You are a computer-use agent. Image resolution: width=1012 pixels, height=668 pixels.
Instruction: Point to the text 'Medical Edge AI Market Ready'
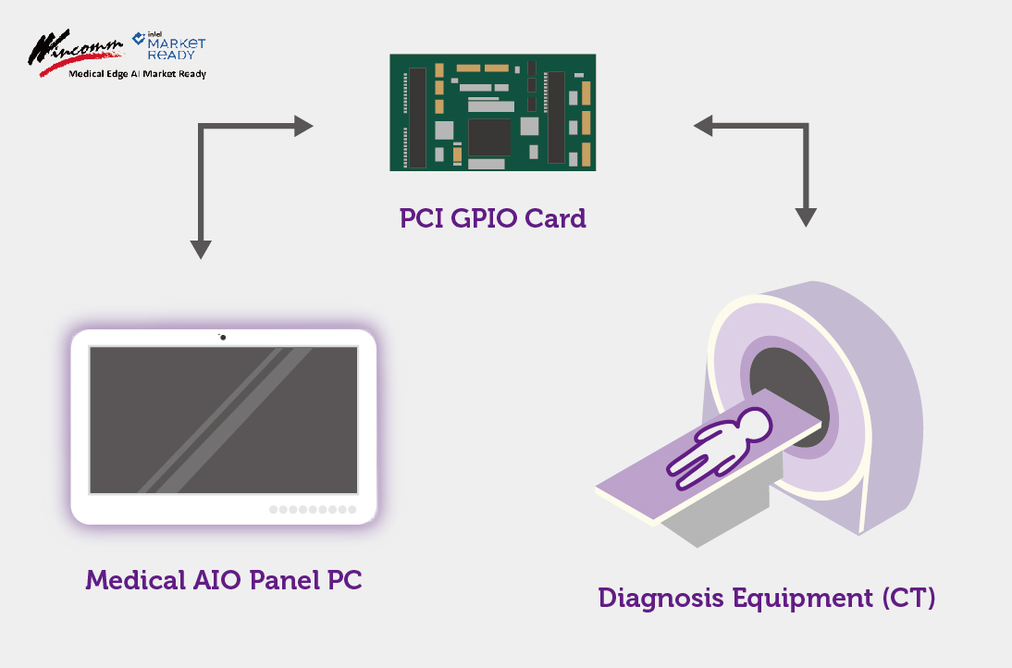click(138, 74)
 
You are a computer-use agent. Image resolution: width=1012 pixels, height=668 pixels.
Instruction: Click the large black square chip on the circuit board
click(489, 136)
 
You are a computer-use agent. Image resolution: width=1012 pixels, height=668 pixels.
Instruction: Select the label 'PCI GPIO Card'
click(492, 219)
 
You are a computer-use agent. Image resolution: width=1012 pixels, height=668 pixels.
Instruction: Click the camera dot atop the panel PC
click(223, 337)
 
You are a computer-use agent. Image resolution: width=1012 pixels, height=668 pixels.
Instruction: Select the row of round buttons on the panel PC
click(313, 510)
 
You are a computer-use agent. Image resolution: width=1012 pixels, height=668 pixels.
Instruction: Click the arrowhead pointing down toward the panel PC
click(201, 250)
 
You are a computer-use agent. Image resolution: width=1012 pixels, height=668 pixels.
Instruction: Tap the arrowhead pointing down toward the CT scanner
click(806, 216)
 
